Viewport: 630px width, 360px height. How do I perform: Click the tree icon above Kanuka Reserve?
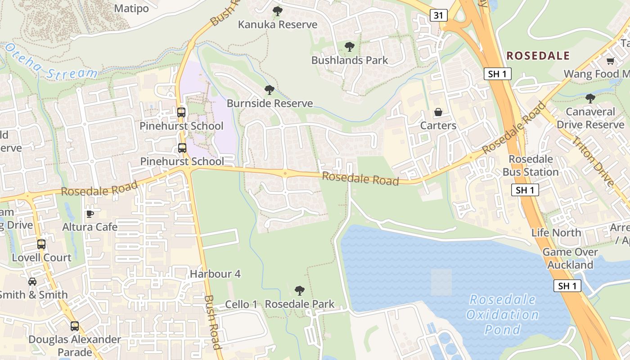tap(278, 11)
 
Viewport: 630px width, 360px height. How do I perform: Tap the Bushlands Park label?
tap(350, 60)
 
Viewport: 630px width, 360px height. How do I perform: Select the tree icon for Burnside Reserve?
tap(270, 90)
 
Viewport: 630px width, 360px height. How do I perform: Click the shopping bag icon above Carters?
tap(438, 112)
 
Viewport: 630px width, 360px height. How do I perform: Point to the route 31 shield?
tap(438, 15)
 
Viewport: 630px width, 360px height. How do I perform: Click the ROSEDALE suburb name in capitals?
tap(538, 56)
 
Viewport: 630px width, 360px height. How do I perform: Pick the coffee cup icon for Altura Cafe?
tap(90, 213)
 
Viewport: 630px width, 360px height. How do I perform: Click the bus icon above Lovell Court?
tap(41, 244)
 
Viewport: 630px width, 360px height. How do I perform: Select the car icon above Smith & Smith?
tap(32, 282)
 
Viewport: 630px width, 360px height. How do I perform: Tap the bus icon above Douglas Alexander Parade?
tap(75, 326)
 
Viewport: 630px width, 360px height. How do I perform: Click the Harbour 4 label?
tap(215, 274)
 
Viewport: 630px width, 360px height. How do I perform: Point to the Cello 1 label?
tap(241, 304)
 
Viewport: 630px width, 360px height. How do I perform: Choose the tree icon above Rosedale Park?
tap(299, 291)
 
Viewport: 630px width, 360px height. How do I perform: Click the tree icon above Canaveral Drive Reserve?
tap(590, 98)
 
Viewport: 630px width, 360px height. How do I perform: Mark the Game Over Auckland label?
tap(570, 258)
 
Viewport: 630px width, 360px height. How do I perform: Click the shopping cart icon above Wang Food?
tap(610, 61)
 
